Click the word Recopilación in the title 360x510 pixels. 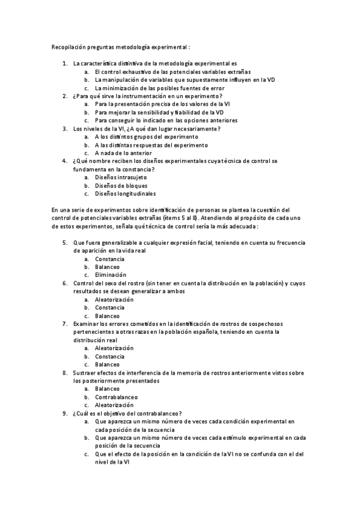point(67,46)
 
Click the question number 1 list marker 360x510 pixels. point(65,63)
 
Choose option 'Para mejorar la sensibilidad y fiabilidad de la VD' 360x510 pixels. point(159,112)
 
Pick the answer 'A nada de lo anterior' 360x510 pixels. point(123,153)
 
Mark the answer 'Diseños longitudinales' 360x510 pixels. point(125,194)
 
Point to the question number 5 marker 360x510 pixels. point(65,242)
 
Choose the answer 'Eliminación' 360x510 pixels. point(110,275)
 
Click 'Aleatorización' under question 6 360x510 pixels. point(114,299)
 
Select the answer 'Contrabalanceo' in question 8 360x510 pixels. point(116,397)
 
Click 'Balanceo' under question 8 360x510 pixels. point(107,389)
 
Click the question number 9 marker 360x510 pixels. point(65,413)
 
